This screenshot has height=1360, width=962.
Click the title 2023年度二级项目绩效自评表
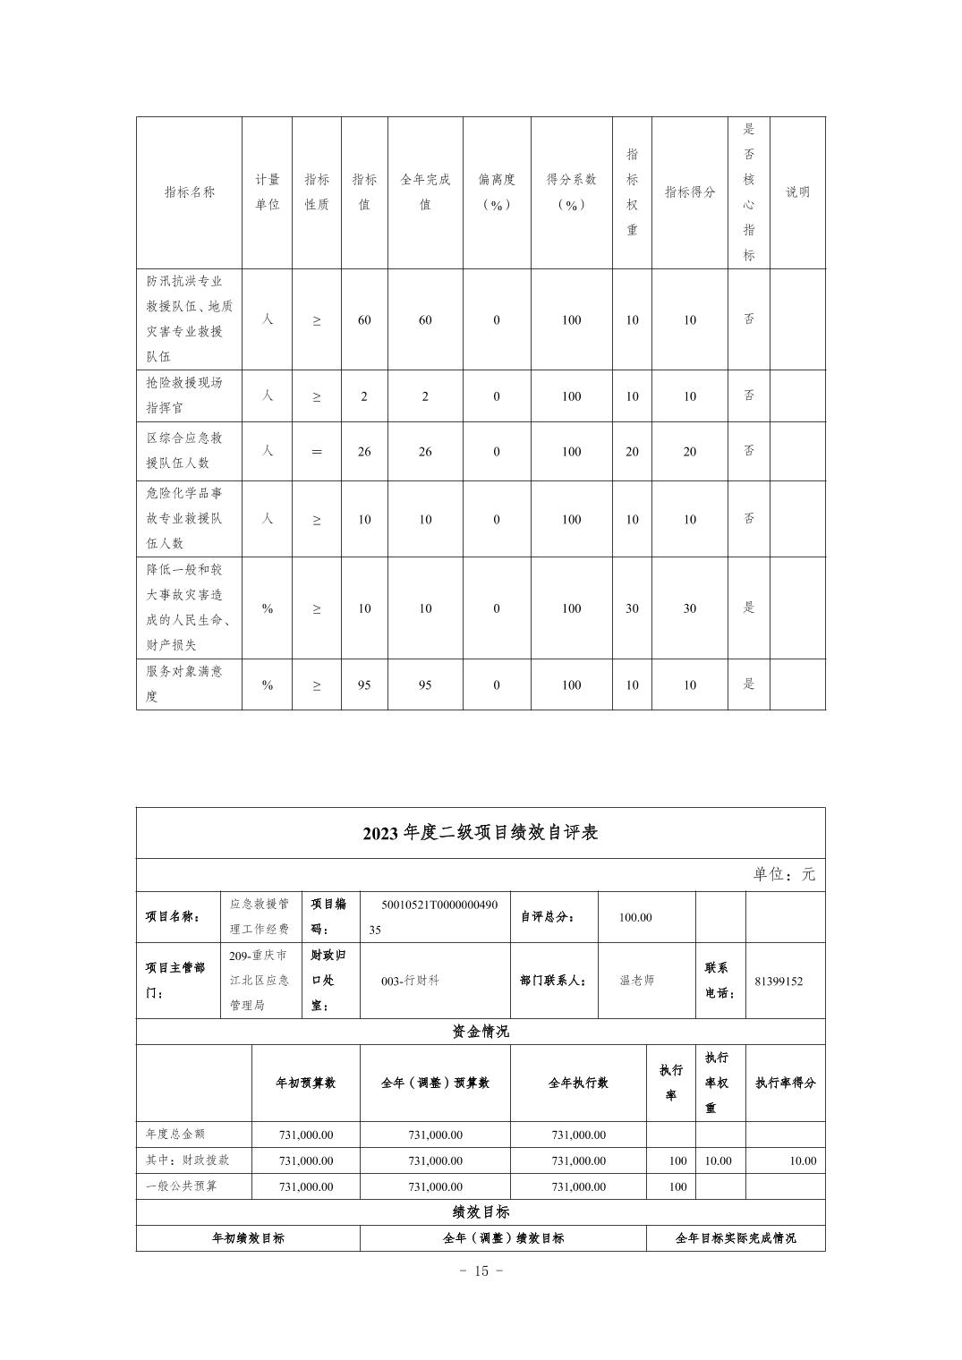481,833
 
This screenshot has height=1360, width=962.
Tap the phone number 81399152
778,981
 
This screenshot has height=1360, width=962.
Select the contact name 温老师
637,981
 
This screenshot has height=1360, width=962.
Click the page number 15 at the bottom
481,1271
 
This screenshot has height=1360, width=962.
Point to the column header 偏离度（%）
497,191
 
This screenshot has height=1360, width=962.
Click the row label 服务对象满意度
184,684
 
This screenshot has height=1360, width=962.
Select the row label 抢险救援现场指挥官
184,395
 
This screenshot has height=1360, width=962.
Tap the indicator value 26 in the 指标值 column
364,452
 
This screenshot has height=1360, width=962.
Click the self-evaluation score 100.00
635,917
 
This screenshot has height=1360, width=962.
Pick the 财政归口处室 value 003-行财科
410,981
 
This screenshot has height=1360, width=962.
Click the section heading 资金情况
481,1032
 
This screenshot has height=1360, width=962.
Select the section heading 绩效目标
481,1212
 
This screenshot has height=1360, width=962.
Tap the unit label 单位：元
784,874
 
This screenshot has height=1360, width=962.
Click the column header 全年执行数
578,1083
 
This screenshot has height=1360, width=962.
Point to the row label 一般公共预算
182,1186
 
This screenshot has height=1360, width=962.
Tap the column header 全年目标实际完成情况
736,1238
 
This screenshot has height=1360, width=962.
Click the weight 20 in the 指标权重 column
632,452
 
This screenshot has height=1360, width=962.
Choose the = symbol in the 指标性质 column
316,452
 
